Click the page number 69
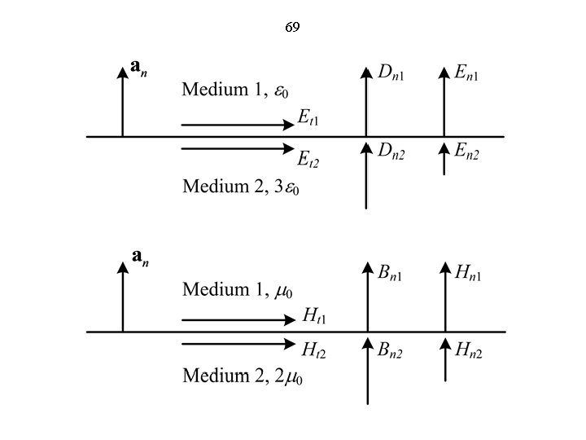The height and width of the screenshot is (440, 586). (292, 28)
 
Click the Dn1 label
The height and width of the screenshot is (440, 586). (392, 73)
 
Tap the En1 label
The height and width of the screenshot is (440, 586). (467, 73)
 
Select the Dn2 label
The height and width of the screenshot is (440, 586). (392, 152)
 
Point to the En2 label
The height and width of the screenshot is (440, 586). (467, 152)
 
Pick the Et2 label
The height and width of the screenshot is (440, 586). (308, 156)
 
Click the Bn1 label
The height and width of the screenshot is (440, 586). (392, 272)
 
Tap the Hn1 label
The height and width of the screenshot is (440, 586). (469, 272)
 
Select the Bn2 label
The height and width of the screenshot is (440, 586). (392, 350)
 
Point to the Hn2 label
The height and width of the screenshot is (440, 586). (469, 350)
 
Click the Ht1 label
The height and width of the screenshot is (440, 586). (314, 315)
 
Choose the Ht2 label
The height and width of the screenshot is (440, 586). (314, 350)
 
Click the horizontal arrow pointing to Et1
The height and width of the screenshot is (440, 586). (237, 125)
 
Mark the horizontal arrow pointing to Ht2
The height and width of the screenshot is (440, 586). (237, 345)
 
